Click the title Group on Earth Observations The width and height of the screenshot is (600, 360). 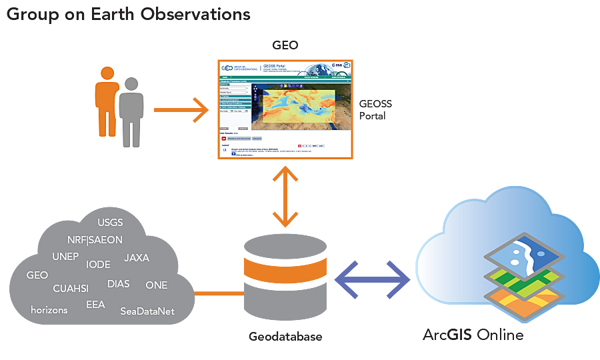point(128,14)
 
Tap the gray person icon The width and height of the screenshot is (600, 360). point(131,112)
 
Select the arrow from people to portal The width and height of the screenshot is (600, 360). point(181,109)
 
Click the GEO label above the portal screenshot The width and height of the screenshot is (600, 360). point(285,45)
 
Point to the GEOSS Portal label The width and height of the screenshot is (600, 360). point(375,109)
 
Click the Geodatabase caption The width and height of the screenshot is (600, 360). point(285,337)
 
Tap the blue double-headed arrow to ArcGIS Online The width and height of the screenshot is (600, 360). point(372,279)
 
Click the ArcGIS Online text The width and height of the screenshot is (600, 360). point(473,334)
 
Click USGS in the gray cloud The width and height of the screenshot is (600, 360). point(110,222)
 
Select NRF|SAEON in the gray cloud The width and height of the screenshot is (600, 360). point(95,240)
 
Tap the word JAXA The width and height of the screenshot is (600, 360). point(137,257)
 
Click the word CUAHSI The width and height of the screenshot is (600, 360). point(71,289)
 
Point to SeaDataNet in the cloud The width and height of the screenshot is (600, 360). point(147,311)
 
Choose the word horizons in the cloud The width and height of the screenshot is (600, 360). point(50,310)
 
